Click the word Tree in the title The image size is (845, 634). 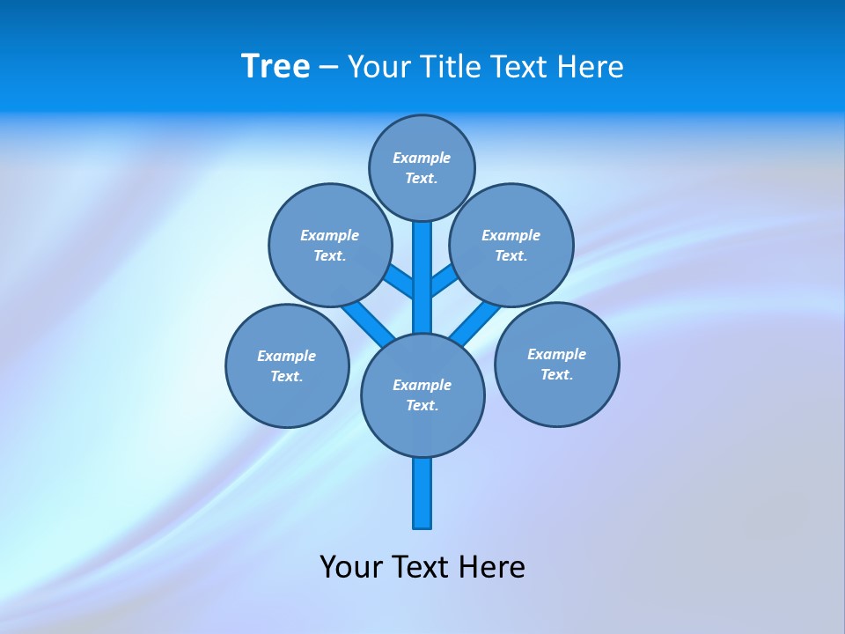(276, 67)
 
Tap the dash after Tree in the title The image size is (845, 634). (328, 68)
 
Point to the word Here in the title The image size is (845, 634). (592, 67)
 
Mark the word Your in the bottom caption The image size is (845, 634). (351, 567)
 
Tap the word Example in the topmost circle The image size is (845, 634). (422, 158)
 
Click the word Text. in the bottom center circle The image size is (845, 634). (422, 406)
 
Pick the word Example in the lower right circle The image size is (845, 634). (556, 354)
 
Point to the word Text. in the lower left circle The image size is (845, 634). (286, 377)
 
